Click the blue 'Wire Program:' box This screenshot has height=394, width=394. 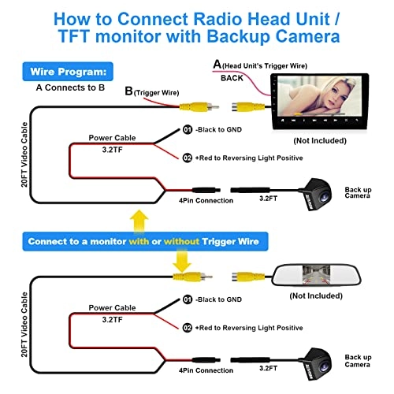(68, 72)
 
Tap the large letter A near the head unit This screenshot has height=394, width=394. (217, 64)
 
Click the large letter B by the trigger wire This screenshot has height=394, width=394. (128, 91)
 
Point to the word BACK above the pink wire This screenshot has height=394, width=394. (232, 78)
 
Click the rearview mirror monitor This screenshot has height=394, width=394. (317, 275)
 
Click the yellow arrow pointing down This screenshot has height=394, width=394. (182, 261)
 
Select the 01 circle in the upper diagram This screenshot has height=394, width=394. (188, 129)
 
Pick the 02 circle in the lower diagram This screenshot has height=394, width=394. (188, 328)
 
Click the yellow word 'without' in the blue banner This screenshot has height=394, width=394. (181, 241)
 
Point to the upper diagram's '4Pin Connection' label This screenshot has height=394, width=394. (206, 200)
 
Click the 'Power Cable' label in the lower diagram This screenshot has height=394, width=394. (112, 307)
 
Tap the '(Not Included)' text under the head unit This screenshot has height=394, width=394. (320, 141)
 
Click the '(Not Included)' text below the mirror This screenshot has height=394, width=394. (316, 296)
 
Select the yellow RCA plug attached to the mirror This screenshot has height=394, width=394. (248, 277)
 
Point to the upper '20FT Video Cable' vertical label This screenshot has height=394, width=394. (24, 154)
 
